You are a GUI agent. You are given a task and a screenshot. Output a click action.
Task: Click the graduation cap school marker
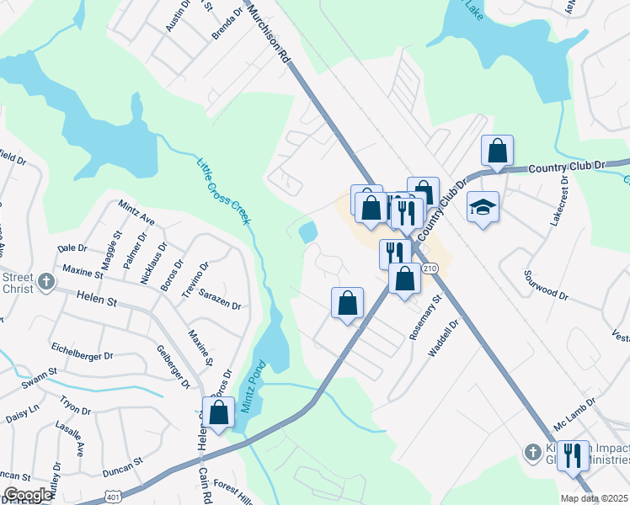pyautogui.click(x=483, y=207)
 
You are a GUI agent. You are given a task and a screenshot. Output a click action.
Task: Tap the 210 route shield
pyautogui.click(x=430, y=268)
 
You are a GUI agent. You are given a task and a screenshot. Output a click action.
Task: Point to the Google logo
pyautogui.click(x=27, y=496)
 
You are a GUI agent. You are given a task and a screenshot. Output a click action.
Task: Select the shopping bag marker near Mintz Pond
pyautogui.click(x=219, y=413)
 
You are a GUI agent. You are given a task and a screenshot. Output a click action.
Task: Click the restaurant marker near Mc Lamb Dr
pyautogui.click(x=573, y=456)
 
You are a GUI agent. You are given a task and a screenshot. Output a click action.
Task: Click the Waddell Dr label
pyautogui.click(x=443, y=338)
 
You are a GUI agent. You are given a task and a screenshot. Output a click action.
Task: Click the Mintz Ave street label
pyautogui.click(x=136, y=213)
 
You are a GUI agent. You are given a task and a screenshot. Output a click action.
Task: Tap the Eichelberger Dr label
pyautogui.click(x=82, y=356)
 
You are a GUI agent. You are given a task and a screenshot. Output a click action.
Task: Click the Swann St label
pyautogui.click(x=40, y=370)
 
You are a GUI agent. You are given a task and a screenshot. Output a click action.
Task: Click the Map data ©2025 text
pyautogui.click(x=594, y=497)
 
